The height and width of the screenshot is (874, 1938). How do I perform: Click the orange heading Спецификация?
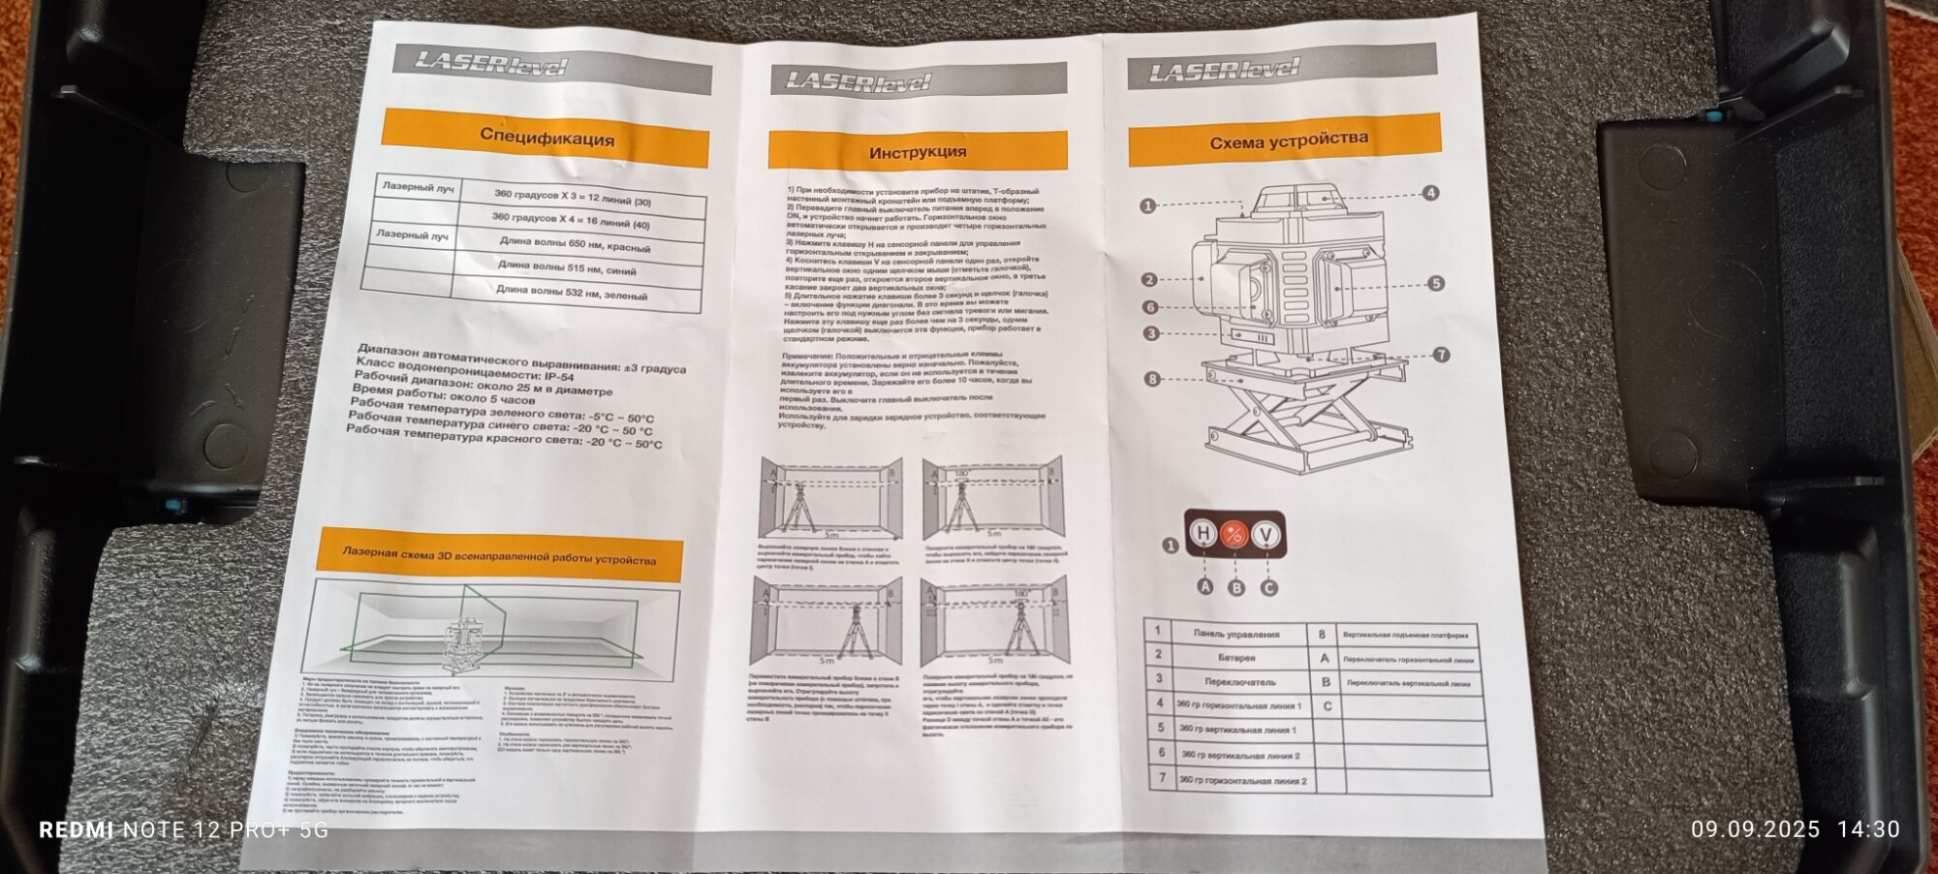(547, 138)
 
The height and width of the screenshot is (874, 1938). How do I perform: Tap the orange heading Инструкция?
(917, 152)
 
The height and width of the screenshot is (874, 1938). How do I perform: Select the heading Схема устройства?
(1288, 141)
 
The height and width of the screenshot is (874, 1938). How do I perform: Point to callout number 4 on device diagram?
(1430, 193)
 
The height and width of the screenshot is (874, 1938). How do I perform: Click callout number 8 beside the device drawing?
(1152, 379)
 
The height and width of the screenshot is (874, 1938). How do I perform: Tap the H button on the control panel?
(1203, 533)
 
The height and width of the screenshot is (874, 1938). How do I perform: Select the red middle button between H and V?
(1235, 534)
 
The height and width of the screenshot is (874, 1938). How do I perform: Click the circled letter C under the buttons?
(1268, 587)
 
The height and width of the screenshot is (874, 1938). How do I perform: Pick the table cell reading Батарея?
(1237, 657)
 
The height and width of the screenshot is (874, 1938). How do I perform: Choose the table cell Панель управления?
(1235, 634)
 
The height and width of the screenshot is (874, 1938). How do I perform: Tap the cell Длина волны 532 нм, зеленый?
(571, 292)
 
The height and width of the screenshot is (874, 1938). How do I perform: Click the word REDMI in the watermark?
(76, 830)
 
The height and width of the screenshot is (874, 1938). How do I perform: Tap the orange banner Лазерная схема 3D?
(498, 557)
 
